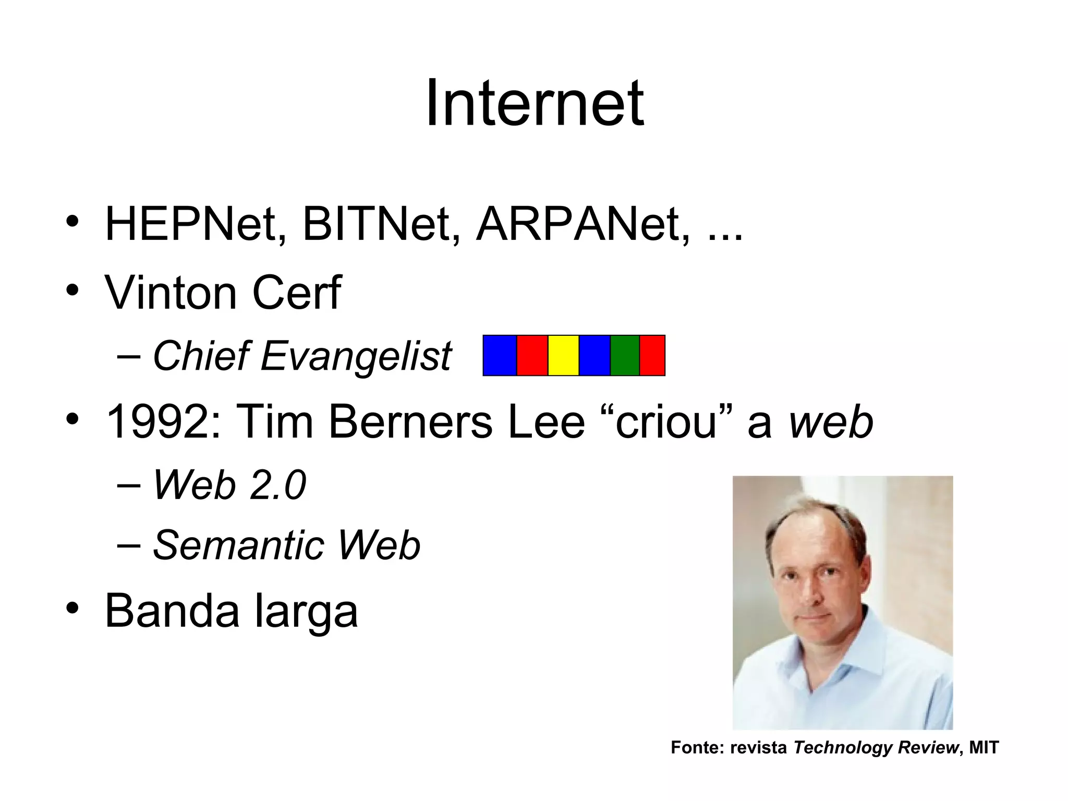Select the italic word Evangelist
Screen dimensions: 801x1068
point(356,357)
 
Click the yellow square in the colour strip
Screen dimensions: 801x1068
point(563,356)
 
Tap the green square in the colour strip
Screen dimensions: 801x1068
point(625,356)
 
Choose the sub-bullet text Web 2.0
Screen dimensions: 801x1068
point(229,486)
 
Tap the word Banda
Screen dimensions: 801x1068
point(173,611)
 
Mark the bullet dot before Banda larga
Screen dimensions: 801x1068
point(72,609)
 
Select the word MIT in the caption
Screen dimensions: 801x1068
point(984,747)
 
